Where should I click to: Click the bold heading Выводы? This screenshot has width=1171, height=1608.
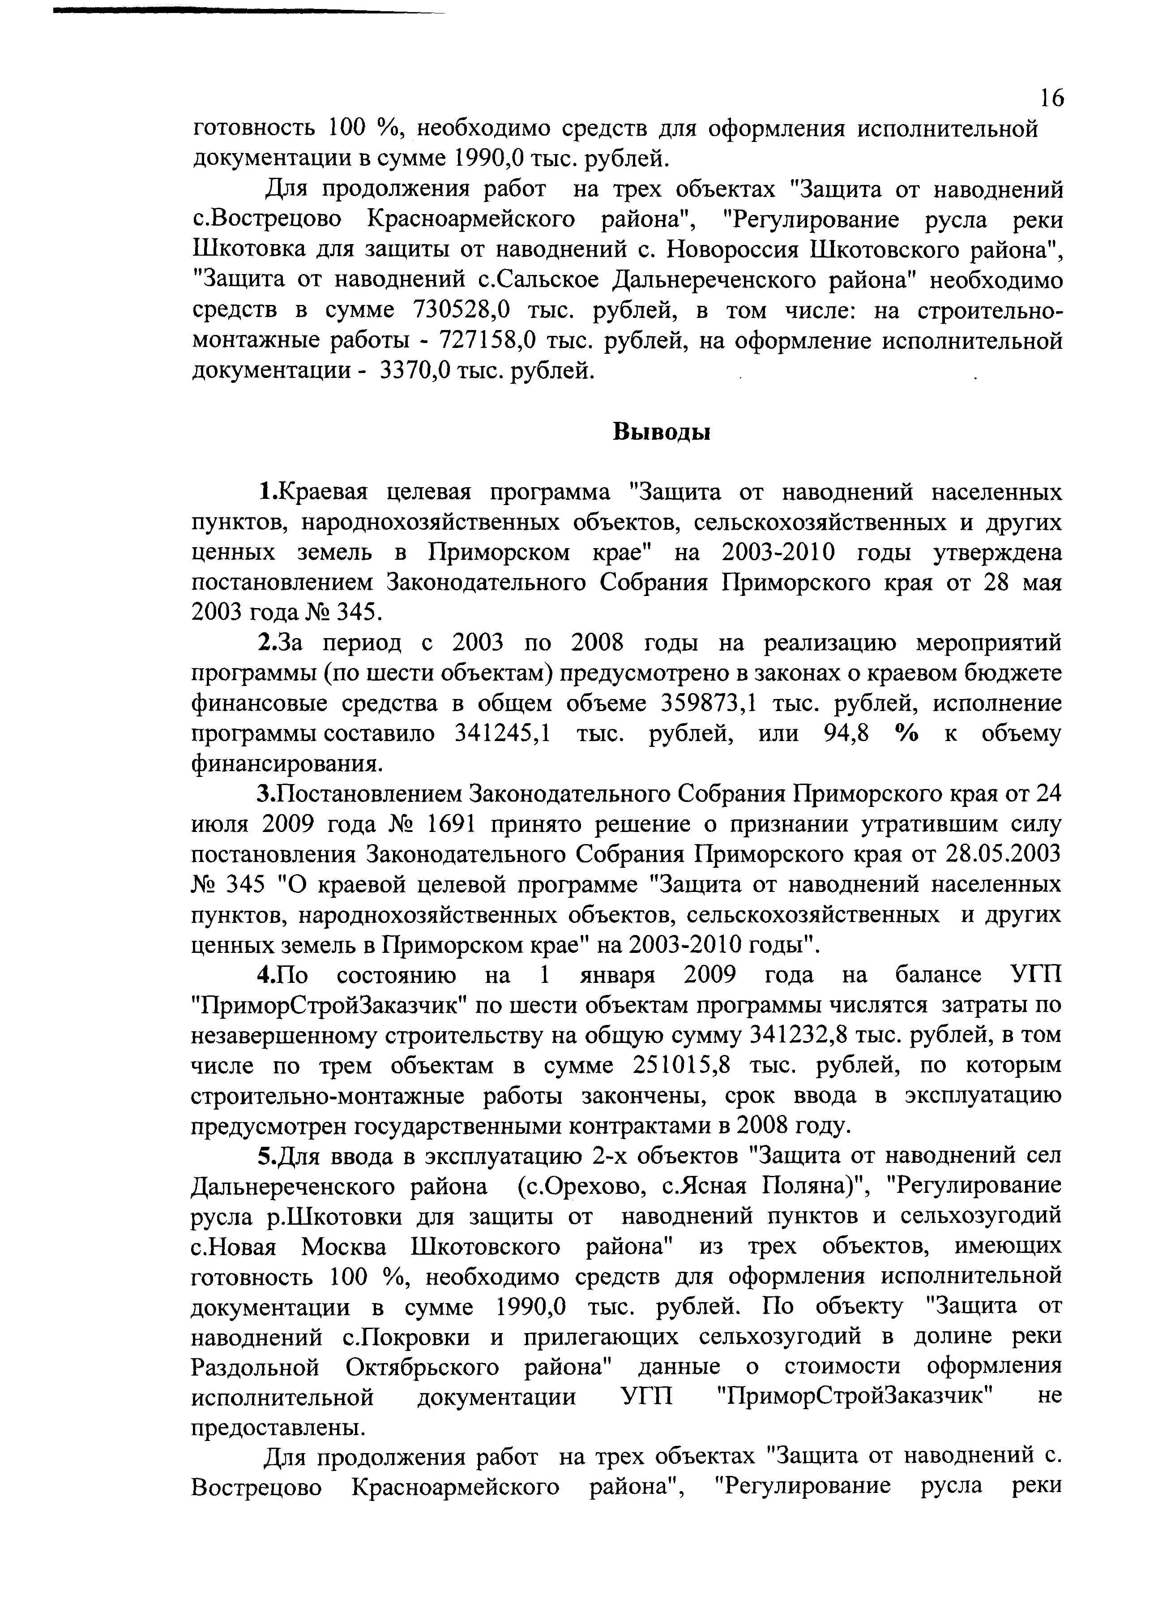(661, 432)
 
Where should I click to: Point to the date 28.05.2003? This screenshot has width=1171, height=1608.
(1004, 854)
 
